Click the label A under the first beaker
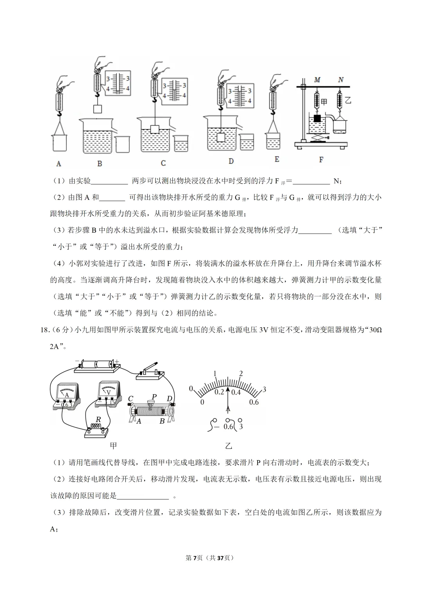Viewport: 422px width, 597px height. pyautogui.click(x=59, y=163)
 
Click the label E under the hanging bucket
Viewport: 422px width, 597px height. pyautogui.click(x=277, y=159)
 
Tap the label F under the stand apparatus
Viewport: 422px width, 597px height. pyautogui.click(x=321, y=160)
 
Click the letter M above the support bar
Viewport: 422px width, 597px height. pyautogui.click(x=317, y=80)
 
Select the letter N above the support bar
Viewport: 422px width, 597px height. pyautogui.click(x=341, y=80)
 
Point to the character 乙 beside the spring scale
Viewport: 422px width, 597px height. pyautogui.click(x=348, y=100)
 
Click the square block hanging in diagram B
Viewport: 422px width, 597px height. pyautogui.click(x=97, y=109)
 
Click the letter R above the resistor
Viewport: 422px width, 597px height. pyautogui.click(x=98, y=420)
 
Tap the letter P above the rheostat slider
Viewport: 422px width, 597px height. pyautogui.click(x=154, y=397)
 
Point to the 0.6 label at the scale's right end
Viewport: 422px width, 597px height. pyautogui.click(x=254, y=402)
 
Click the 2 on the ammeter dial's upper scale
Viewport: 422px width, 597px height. pyautogui.click(x=241, y=374)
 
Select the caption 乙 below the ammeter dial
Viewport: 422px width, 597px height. pyautogui.click(x=228, y=446)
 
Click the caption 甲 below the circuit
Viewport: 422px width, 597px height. pyautogui.click(x=113, y=446)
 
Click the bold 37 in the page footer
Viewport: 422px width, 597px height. pyautogui.click(x=220, y=558)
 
